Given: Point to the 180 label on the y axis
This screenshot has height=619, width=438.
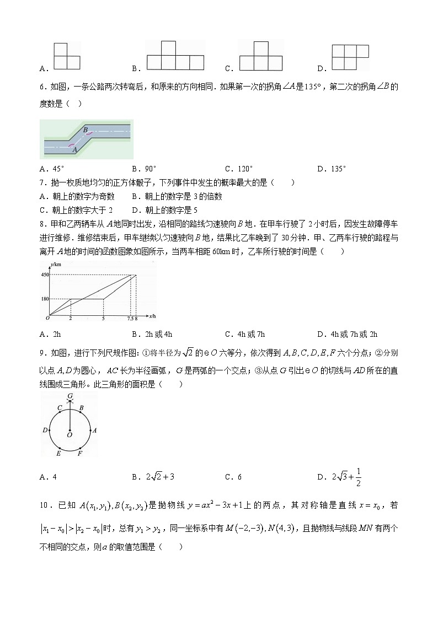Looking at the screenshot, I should pos(44,299).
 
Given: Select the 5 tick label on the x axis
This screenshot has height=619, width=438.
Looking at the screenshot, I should pos(104,320).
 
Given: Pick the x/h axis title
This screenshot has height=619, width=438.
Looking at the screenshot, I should pos(152,316).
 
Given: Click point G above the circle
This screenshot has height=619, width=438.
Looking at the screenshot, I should pos(70,396).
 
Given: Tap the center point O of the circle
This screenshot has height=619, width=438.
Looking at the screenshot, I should pos(70,435).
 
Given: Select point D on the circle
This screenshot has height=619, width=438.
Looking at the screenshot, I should pos(45,429).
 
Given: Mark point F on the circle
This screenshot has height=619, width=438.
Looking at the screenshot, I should pos(81,453).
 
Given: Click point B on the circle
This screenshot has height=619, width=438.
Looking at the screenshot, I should pos(81,408).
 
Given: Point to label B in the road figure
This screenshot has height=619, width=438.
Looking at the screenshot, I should pos(86,130).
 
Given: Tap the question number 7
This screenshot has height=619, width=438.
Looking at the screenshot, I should pos(42,183).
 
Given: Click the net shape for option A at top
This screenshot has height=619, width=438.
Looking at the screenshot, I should pos(66,56).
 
